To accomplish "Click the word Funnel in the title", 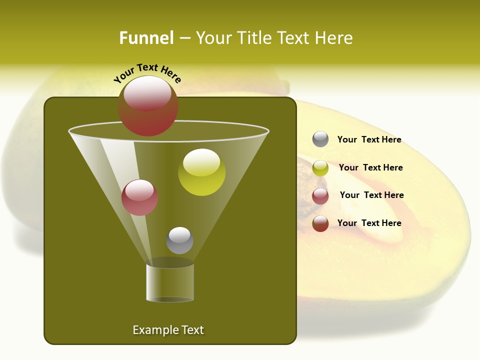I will (146, 38).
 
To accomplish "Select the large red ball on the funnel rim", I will (148, 106).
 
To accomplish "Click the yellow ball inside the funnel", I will (202, 172).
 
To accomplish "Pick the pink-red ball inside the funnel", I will (140, 197).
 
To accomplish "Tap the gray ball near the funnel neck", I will (179, 240).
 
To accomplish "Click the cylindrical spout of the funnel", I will (170, 282).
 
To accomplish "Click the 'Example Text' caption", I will (168, 330).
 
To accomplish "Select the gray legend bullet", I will (320, 139).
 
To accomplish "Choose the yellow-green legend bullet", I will (320, 168).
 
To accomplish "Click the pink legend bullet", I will (320, 196).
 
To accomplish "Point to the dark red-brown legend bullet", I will (320, 223).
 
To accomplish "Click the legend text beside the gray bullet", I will (369, 140).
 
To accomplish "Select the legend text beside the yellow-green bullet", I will (370, 168).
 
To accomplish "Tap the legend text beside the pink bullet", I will (371, 195).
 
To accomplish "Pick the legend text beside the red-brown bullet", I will (369, 223).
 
